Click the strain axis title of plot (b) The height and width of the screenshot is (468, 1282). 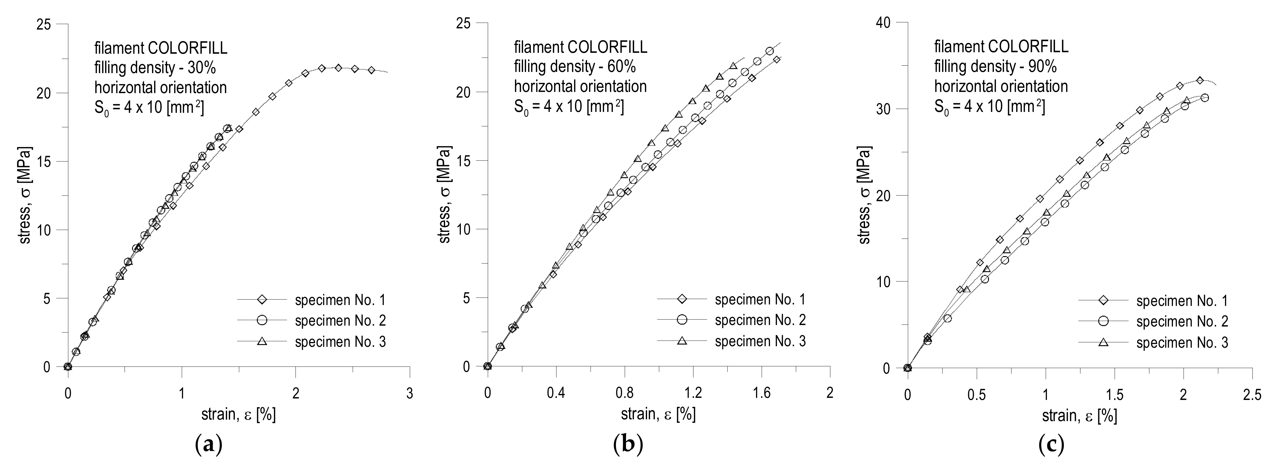click(658, 414)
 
